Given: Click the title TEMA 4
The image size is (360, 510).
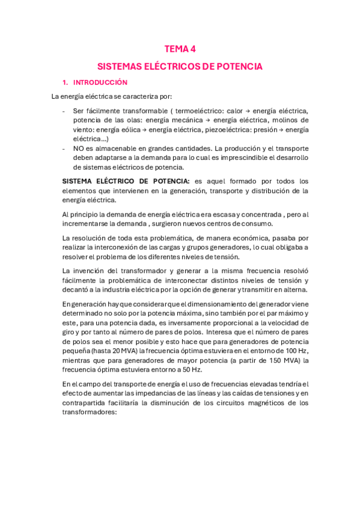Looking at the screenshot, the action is point(180,50).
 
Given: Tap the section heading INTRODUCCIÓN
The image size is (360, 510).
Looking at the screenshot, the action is point(100,82).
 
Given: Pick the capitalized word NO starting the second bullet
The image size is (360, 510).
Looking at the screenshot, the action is point(78,148).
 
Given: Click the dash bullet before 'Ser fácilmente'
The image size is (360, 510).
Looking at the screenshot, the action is point(64,111).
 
